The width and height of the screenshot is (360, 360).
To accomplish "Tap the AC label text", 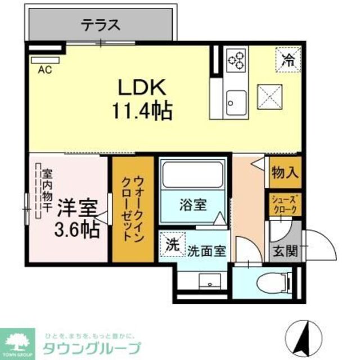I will [42, 70].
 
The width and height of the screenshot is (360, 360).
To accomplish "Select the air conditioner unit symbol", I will [44, 60].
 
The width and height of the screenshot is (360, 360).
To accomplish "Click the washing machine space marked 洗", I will [171, 245].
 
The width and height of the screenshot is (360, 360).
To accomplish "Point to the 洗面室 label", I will [206, 250].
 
